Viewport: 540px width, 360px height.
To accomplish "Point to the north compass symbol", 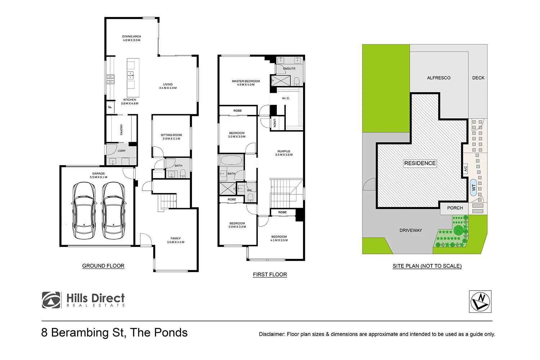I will [480, 302].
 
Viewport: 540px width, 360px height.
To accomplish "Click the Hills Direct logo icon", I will [51, 300].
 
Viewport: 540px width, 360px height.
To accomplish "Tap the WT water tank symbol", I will [474, 188].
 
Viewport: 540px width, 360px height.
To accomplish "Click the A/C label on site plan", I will [465, 168].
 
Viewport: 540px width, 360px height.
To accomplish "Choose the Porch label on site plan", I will [455, 208].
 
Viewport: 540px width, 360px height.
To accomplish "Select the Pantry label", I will [122, 130].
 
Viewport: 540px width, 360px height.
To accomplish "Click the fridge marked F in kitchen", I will [110, 107].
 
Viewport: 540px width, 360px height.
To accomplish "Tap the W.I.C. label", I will [286, 98].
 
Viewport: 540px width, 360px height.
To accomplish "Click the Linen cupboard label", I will [274, 123].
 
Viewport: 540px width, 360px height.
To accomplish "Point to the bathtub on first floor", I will [231, 160].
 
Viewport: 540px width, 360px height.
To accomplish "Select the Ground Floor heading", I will [103, 266].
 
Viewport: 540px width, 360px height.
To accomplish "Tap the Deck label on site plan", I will [478, 78].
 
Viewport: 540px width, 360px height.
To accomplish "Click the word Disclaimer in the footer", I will [271, 334].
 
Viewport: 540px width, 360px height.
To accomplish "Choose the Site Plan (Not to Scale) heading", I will [427, 266].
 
